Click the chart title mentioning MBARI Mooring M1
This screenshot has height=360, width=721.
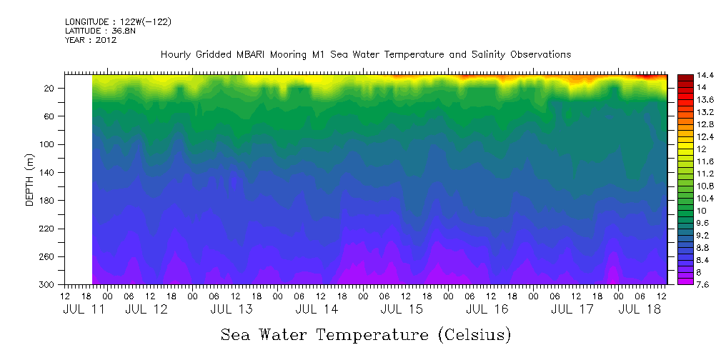point(365,55)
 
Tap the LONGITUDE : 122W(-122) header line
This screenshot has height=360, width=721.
point(117,22)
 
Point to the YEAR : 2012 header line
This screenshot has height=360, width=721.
point(90,40)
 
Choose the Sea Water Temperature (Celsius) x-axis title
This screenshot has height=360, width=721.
point(365,334)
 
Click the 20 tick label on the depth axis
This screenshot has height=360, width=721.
point(50,88)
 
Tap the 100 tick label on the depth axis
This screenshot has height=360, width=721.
point(48,144)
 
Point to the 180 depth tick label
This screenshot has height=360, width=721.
point(48,201)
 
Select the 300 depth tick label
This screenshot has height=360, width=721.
point(48,285)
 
